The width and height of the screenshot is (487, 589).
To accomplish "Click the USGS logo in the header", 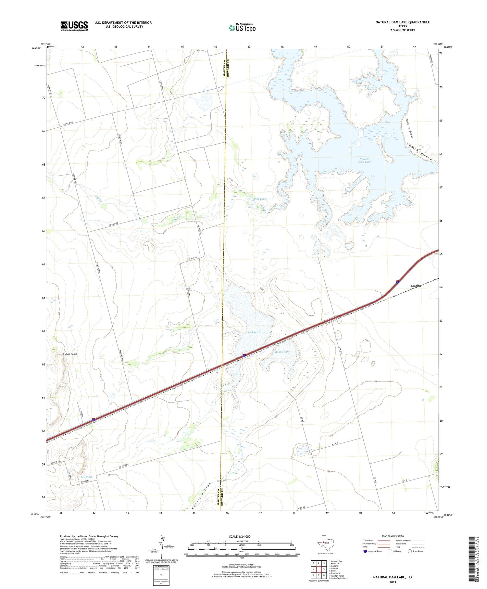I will (74, 26).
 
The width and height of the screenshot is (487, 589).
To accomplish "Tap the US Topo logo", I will (242, 28).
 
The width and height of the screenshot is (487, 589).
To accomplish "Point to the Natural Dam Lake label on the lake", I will (364, 160).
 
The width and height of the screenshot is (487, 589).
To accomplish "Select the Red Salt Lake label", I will (256, 332).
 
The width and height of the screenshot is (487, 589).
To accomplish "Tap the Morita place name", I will (416, 286).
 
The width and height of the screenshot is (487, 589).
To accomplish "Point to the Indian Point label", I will (70, 354).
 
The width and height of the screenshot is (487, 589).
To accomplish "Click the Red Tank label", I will (86, 477).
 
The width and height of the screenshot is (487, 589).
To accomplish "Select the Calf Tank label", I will (260, 199).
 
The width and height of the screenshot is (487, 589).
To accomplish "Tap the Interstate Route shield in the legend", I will (365, 551).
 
